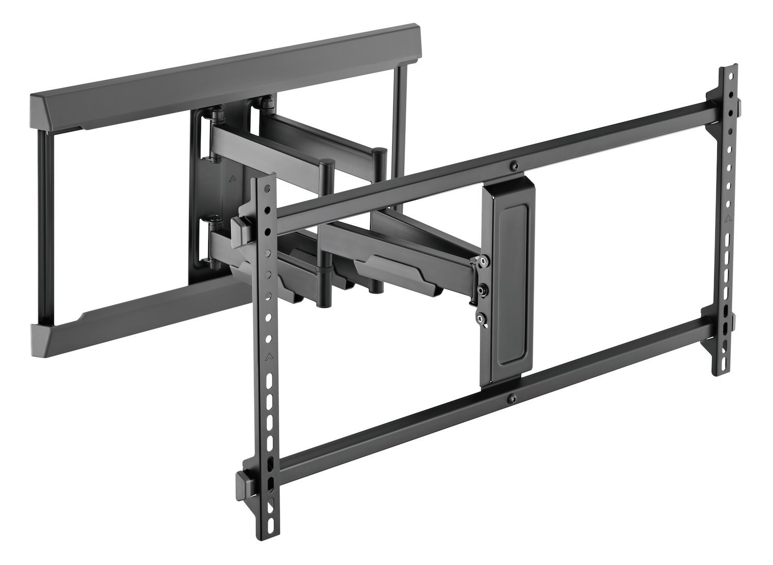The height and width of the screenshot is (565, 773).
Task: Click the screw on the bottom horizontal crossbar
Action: tap(510, 397)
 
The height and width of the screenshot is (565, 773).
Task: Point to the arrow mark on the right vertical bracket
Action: tap(728, 217)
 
